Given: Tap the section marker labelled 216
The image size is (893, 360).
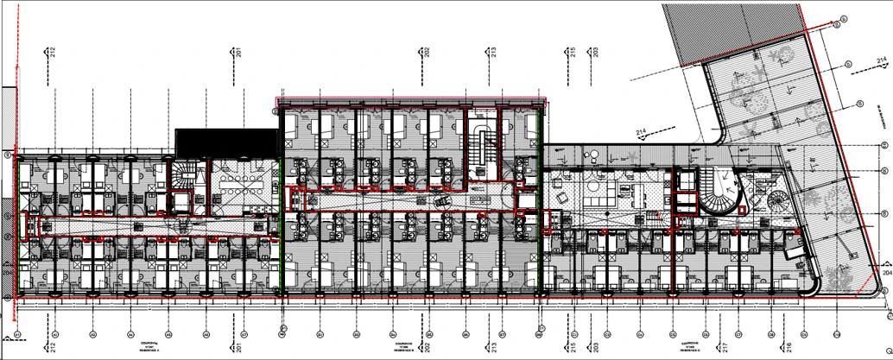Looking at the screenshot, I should tap(790, 330).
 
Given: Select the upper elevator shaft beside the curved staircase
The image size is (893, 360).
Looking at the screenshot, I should tap(687, 181).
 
